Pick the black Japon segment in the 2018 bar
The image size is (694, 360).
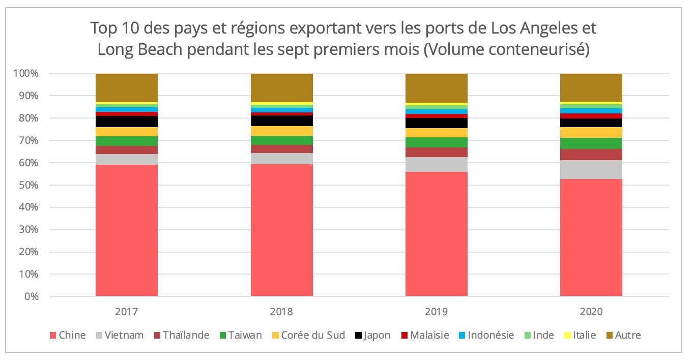click(281, 121)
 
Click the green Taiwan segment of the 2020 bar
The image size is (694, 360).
click(591, 143)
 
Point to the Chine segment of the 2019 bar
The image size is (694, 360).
click(436, 234)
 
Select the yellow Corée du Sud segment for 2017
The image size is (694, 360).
click(127, 132)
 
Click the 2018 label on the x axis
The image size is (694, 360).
click(281, 311)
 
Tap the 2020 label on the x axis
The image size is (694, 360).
click(591, 311)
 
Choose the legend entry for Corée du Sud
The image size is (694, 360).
click(315, 335)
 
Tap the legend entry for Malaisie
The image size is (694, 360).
click(426, 335)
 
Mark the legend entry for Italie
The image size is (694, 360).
click(581, 335)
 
